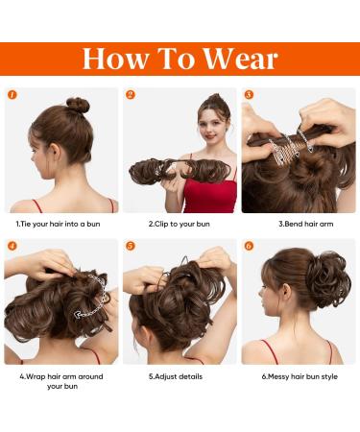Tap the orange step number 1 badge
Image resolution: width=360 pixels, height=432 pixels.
[12, 95]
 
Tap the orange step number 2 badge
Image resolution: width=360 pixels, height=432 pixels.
[131, 95]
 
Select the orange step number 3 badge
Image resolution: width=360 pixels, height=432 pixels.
[249, 95]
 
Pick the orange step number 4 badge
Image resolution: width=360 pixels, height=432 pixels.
[12, 246]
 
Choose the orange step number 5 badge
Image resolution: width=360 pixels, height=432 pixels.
[131, 246]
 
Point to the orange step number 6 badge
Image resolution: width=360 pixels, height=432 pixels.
[249, 246]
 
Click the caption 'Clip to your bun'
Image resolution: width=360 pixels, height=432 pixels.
[180, 224]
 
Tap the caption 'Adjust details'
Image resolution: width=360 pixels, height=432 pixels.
[179, 375]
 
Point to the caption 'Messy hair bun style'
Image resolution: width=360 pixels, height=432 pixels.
[300, 375]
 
